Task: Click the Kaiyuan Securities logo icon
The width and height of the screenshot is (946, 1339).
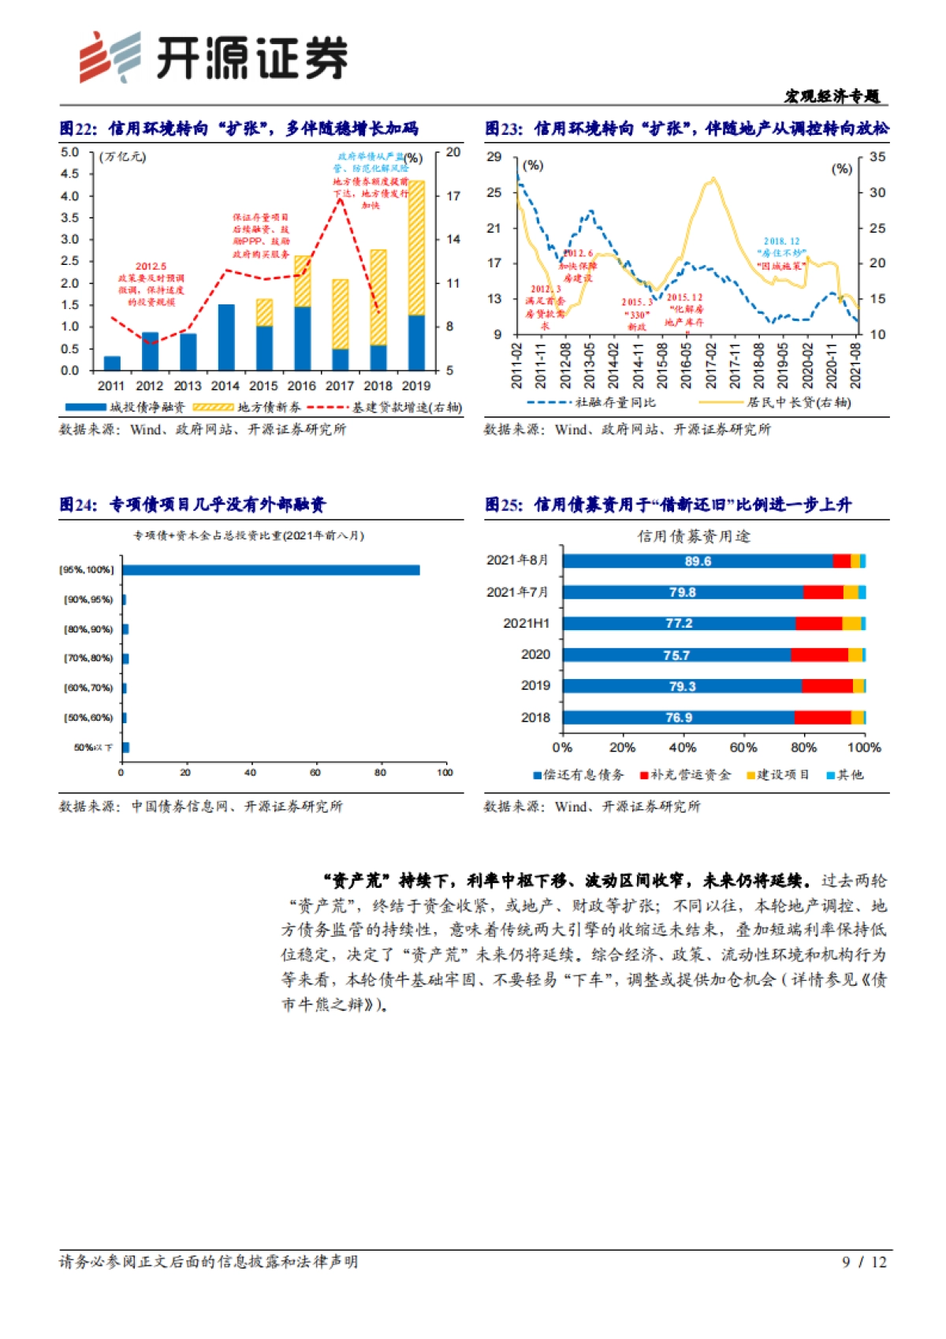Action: (x=110, y=57)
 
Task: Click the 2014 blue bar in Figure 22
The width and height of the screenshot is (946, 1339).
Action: (x=225, y=337)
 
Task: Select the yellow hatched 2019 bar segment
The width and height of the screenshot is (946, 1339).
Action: (x=416, y=248)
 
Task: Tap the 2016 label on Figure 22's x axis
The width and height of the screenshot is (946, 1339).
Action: (x=301, y=386)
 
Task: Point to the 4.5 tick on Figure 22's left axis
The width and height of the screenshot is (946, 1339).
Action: (x=70, y=173)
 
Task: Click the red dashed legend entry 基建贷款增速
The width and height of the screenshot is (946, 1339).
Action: (x=384, y=407)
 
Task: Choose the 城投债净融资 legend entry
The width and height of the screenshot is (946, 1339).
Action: (x=125, y=407)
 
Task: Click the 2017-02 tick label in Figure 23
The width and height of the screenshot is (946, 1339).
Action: (x=711, y=365)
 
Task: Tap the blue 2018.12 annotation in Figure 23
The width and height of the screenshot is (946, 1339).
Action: (x=781, y=253)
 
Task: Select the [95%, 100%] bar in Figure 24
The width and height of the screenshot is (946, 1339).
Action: (x=270, y=570)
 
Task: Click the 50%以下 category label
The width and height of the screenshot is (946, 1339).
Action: (x=93, y=748)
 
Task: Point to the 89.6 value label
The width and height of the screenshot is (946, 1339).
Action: (x=698, y=561)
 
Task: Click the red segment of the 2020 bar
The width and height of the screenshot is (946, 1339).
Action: (x=819, y=655)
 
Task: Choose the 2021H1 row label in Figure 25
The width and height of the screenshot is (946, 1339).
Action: (x=526, y=623)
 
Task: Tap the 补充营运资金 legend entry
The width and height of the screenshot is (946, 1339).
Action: (x=686, y=775)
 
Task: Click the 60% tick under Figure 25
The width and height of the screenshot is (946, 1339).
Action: (x=743, y=748)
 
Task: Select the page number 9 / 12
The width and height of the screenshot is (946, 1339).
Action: (x=864, y=1262)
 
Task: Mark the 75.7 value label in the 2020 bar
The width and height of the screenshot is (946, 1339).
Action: (x=676, y=655)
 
